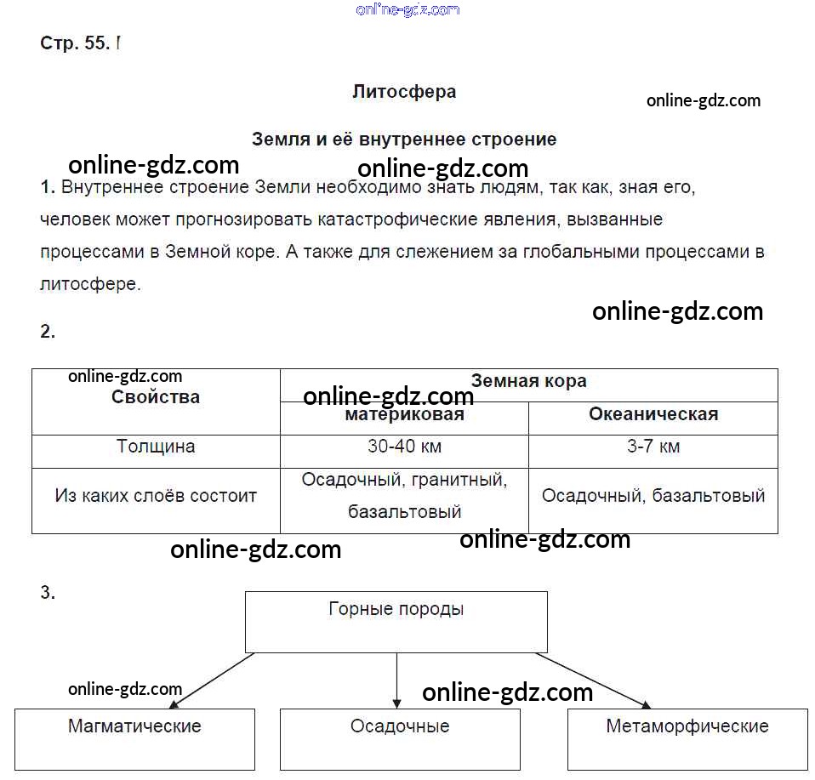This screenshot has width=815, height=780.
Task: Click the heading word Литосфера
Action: [x=404, y=92]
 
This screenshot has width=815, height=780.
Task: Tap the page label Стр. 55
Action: [x=74, y=44]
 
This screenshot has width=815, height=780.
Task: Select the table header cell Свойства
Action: [x=156, y=397]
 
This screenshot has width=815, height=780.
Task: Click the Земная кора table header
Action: [x=528, y=381]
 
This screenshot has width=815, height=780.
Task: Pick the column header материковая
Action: [x=404, y=415]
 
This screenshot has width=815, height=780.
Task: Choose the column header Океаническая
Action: [x=653, y=415]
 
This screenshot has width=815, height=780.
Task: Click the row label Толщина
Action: [x=156, y=447]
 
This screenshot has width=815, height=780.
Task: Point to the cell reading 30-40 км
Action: [x=404, y=447]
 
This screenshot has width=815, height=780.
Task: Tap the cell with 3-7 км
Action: [x=653, y=447]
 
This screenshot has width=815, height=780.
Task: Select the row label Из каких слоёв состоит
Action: [x=156, y=496]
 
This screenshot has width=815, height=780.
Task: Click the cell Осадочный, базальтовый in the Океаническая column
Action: [x=653, y=496]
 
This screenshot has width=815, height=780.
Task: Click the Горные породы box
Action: [x=396, y=622]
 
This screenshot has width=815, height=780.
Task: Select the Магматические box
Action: [x=134, y=737]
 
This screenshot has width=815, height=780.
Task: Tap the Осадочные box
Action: [x=400, y=737]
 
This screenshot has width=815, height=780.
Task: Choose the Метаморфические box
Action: [x=687, y=737]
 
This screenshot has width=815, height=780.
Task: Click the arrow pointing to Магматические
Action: [x=212, y=680]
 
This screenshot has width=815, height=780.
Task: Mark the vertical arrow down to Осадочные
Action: [x=397, y=680]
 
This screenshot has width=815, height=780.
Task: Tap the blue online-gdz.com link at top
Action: [x=408, y=9]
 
